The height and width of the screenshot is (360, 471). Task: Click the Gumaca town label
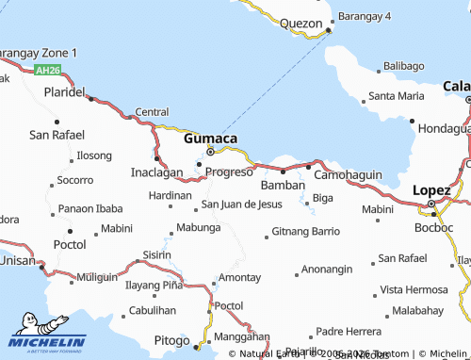point(210,138)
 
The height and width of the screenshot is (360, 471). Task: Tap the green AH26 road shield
point(47,71)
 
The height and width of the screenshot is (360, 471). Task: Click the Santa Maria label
point(396,96)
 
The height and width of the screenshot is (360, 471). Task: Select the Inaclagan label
point(156,173)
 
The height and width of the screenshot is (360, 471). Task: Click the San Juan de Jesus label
point(241,205)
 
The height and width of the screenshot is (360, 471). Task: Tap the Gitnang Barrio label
point(305,231)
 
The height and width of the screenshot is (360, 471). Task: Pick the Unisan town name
point(16,260)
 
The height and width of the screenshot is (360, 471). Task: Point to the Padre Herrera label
point(349,331)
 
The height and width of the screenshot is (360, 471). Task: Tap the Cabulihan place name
point(153,310)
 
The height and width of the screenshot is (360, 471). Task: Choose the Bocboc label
point(434,228)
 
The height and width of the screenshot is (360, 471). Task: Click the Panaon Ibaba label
point(90,208)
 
